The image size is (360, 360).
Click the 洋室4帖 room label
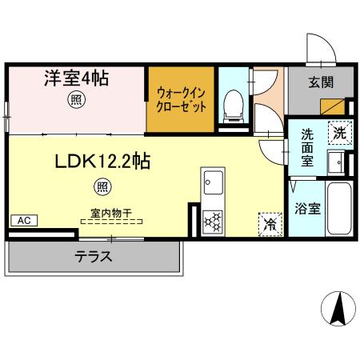76,79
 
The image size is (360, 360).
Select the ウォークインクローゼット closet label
182,99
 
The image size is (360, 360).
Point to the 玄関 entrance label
321,82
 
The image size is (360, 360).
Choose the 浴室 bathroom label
308,210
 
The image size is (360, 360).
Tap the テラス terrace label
94,258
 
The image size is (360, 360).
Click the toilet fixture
234,104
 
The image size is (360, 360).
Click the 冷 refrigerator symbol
270,223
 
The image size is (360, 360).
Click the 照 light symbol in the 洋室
75,101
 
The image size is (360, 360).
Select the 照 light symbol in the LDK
103,187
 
